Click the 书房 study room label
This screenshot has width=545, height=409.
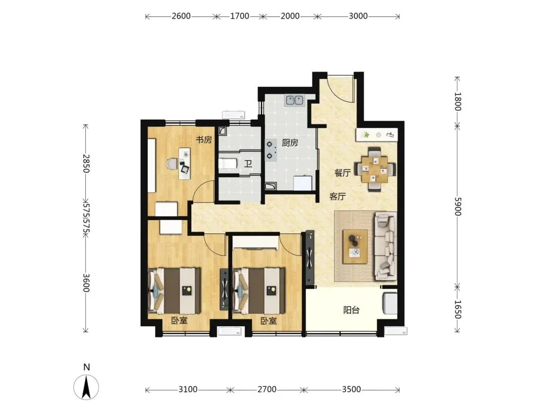coord(204,140)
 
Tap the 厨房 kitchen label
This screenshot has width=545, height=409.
coord(290,142)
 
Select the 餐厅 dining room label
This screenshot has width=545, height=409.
coord(342,173)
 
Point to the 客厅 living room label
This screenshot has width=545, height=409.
coord(338,196)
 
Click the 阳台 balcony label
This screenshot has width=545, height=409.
coord(351,310)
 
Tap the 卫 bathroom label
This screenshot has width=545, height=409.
coord(248,164)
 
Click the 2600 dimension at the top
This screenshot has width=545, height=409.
coord(181,16)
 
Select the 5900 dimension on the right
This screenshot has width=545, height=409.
coord(457,207)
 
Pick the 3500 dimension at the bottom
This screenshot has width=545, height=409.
coord(351,389)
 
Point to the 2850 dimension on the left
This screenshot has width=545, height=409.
coord(86,164)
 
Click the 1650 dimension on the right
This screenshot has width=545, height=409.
coord(457,310)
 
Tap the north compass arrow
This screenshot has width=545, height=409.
coord(86,387)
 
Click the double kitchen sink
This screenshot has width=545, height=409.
coord(295,100)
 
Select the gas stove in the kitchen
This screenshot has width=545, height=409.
coord(271,150)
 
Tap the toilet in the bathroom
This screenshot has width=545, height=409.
coord(228,164)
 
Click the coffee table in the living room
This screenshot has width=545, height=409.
coord(355,246)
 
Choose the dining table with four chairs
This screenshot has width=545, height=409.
coord(374,169)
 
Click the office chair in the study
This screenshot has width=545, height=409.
coord(172,164)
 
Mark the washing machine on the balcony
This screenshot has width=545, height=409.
coord(390,303)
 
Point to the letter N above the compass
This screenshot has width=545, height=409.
coord(87,367)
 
